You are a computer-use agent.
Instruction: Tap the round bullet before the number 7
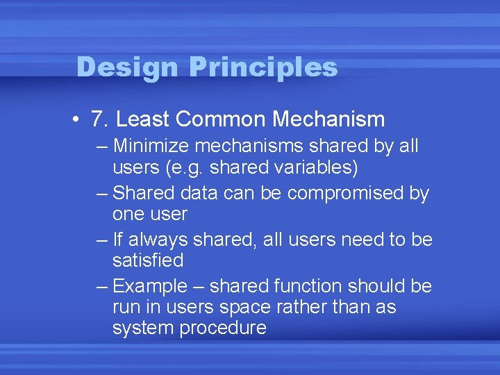(x=74, y=119)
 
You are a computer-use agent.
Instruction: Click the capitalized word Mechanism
(x=328, y=119)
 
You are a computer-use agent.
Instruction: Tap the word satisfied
(x=148, y=260)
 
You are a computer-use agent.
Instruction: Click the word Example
(x=150, y=286)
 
